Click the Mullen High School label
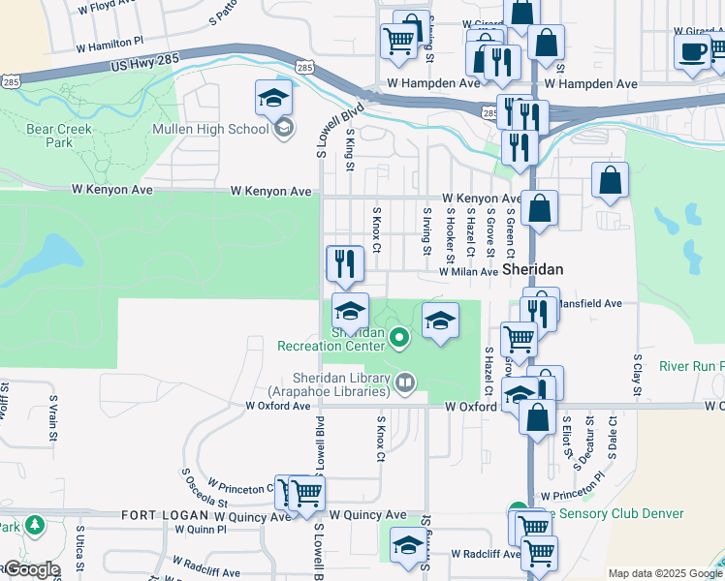(211, 129)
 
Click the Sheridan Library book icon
(404, 382)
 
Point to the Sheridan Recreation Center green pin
(400, 337)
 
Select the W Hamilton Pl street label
(108, 44)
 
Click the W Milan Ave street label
(468, 272)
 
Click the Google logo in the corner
(31, 569)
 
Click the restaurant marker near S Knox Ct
(344, 262)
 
